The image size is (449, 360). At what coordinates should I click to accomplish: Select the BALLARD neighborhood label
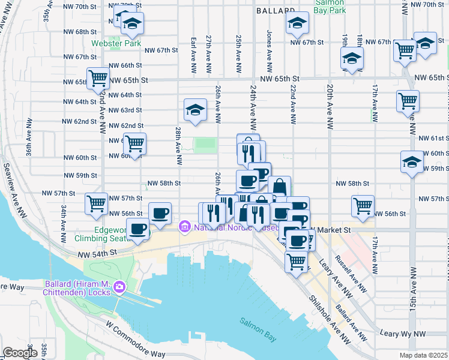coord(275,11)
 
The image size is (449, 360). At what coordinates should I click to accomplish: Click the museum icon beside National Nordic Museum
coord(184,227)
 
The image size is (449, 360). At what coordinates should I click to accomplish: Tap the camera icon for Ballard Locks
coord(119,287)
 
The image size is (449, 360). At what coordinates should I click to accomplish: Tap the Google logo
coord(19,352)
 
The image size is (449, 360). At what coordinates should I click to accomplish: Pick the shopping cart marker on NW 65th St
coord(98,78)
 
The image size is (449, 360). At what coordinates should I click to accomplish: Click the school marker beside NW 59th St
coord(412,163)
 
